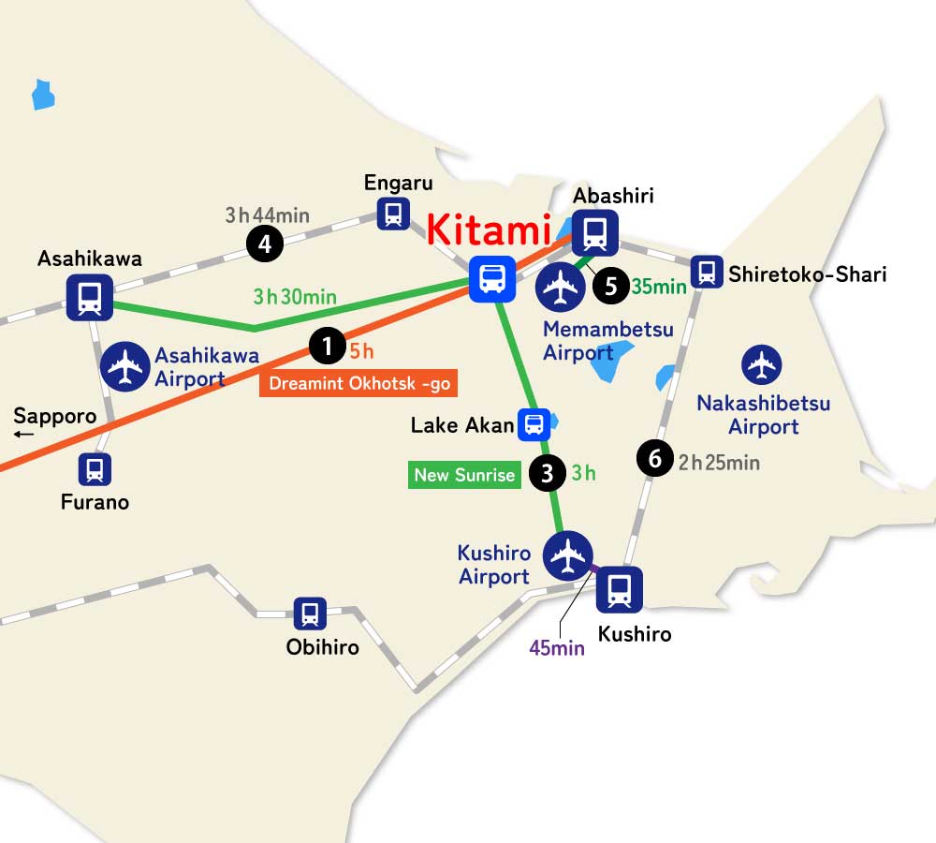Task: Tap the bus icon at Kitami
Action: pyautogui.click(x=492, y=278)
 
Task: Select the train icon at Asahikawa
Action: pyautogui.click(x=90, y=298)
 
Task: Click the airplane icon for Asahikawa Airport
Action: pyautogui.click(x=124, y=366)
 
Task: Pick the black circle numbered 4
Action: pyautogui.click(x=265, y=244)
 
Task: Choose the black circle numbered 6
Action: pyautogui.click(x=654, y=459)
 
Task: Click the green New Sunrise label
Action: pyautogui.click(x=464, y=475)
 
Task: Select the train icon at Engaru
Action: pyautogui.click(x=393, y=214)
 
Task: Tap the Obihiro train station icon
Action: pyautogui.click(x=310, y=614)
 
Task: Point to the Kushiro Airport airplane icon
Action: pyautogui.click(x=567, y=554)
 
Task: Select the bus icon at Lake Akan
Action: pyautogui.click(x=534, y=425)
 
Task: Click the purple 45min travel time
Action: pyautogui.click(x=557, y=647)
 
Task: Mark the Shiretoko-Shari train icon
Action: pyautogui.click(x=707, y=272)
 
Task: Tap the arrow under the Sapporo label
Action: pyautogui.click(x=24, y=434)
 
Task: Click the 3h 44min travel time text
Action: pyautogui.click(x=267, y=215)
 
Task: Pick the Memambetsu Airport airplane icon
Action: pyautogui.click(x=561, y=286)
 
